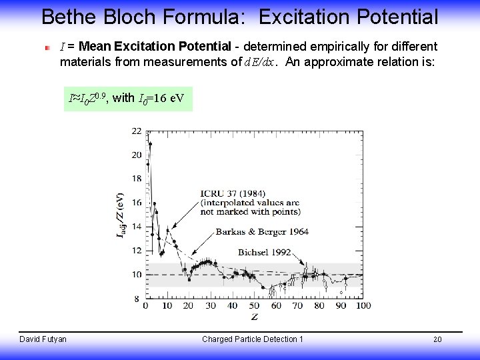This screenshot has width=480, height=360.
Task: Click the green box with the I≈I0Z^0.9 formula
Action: point(127,99)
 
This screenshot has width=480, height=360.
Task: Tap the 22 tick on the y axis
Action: point(136,131)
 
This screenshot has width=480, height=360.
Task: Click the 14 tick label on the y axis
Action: point(136,227)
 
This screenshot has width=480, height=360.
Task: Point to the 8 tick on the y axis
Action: point(137,299)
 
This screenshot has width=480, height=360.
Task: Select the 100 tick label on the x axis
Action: point(364,306)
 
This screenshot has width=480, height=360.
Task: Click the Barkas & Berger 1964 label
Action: point(262,232)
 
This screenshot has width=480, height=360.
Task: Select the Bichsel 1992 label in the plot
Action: point(265,253)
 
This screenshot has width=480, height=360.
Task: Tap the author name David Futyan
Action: point(43,339)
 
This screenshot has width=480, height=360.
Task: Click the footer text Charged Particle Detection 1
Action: point(252,339)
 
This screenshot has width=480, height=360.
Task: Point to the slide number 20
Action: point(437,340)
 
